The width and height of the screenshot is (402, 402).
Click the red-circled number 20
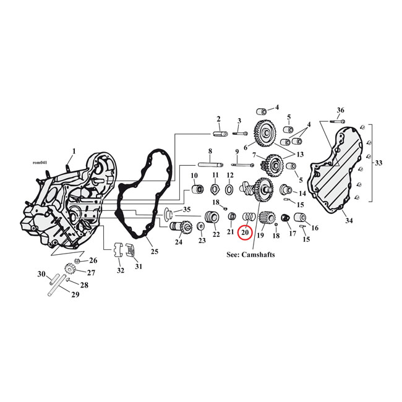coord(245,233)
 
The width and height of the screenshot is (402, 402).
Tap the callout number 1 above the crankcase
coord(74,151)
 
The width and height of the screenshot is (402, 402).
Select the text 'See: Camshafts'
coord(246,254)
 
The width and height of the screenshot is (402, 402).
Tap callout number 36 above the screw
coord(340,110)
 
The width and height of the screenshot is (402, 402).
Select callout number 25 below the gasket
coord(154,252)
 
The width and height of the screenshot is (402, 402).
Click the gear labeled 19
coord(267,220)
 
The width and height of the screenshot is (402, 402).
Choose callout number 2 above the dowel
coord(218,119)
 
